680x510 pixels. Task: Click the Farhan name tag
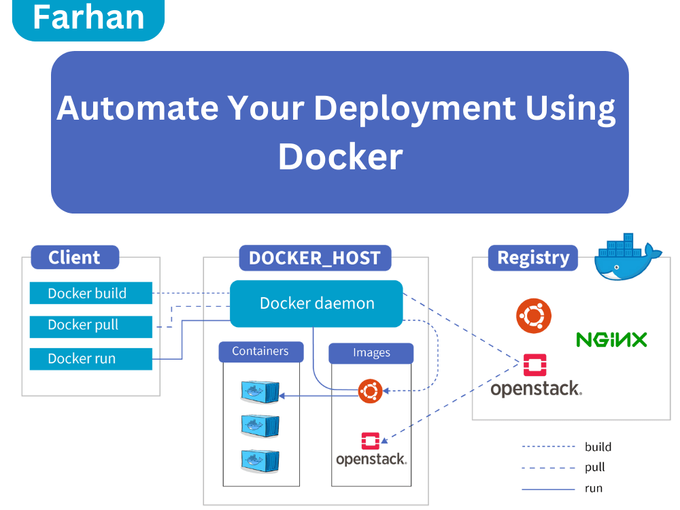pos(88,18)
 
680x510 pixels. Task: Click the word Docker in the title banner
pos(340,156)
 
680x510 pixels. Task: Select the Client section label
pos(75,258)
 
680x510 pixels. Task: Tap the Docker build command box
pos(90,294)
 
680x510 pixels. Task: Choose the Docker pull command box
pos(90,326)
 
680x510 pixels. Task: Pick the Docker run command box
pos(90,358)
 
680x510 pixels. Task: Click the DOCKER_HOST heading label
pos(315,258)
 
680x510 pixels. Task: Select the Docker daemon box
pos(317,303)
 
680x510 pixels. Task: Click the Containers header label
pos(260,352)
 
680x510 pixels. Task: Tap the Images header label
pos(371,353)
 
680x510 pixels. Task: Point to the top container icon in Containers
pos(260,392)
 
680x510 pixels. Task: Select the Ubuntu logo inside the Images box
pos(371,391)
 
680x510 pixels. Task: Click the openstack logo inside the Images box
pos(371,449)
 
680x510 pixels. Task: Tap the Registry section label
pos(533,258)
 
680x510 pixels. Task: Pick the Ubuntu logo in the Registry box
pos(534,316)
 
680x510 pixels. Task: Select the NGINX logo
pos(611,339)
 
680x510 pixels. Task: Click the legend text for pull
pos(594,467)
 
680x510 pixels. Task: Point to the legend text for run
pos(593,488)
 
